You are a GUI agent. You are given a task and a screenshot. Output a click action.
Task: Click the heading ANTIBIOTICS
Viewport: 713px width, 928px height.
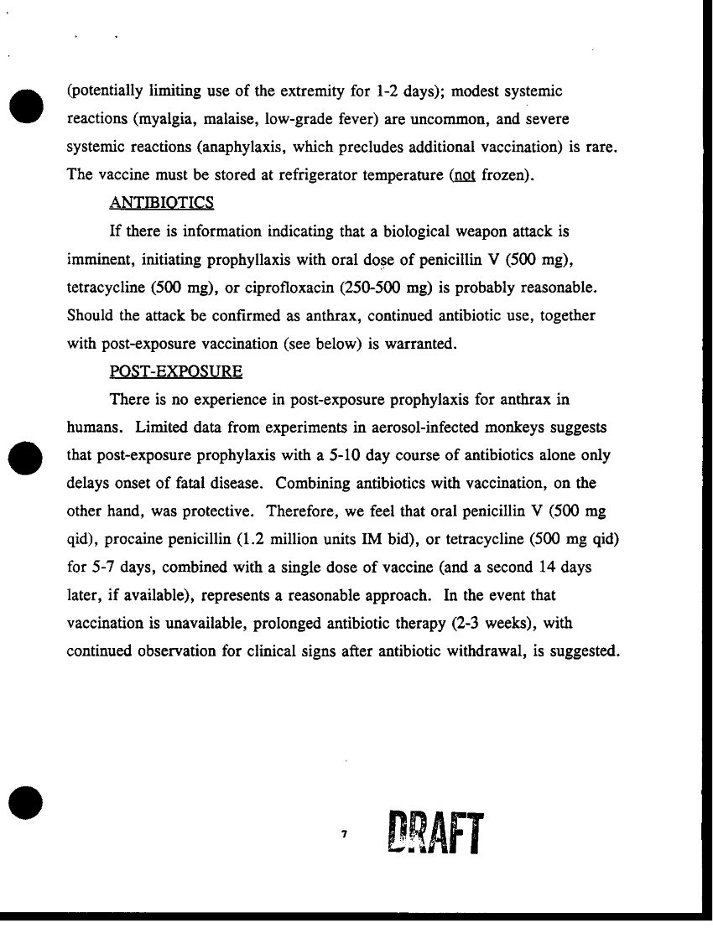click(161, 203)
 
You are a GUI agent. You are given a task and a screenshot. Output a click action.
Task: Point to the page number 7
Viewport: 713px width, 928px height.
click(345, 834)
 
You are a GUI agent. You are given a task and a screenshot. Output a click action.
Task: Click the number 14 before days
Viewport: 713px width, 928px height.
click(547, 568)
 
